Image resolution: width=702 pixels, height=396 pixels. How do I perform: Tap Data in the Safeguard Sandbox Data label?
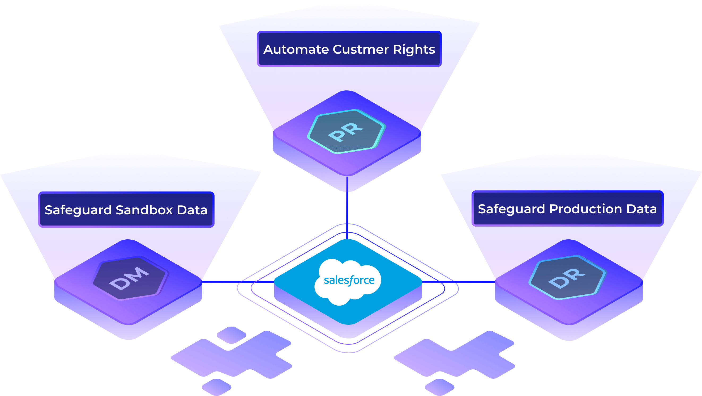192,210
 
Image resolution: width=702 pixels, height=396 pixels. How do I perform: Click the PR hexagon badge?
346,132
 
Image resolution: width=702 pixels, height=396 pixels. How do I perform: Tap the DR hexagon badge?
567,278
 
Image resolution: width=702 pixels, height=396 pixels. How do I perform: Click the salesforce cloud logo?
348,281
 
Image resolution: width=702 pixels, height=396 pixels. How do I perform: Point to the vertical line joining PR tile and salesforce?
347,207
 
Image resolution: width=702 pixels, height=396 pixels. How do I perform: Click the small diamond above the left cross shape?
231,335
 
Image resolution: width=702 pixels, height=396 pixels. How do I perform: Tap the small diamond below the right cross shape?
440,387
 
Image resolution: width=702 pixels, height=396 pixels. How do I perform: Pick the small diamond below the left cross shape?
217,387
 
